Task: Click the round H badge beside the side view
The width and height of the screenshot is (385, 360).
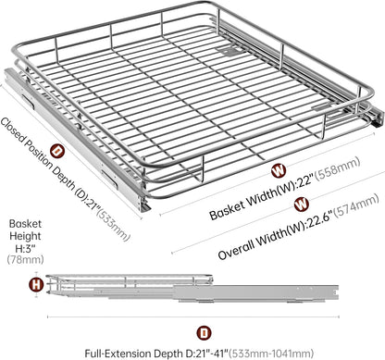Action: (x=36, y=284)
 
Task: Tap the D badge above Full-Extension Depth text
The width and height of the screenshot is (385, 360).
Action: (x=204, y=333)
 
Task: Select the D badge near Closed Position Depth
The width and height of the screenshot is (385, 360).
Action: (x=57, y=151)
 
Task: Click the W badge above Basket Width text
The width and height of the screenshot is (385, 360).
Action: (x=279, y=171)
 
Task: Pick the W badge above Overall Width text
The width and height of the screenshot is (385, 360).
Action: (x=301, y=205)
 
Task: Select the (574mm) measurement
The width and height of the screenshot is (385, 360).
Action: (x=356, y=205)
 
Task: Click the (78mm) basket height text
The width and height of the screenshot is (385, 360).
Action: (x=25, y=259)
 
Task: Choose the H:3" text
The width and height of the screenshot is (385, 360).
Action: (x=26, y=248)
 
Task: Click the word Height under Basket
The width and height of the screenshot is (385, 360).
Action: (x=25, y=236)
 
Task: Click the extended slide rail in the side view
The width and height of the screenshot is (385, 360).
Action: (x=255, y=292)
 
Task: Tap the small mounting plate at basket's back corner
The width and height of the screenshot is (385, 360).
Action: (x=229, y=51)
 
